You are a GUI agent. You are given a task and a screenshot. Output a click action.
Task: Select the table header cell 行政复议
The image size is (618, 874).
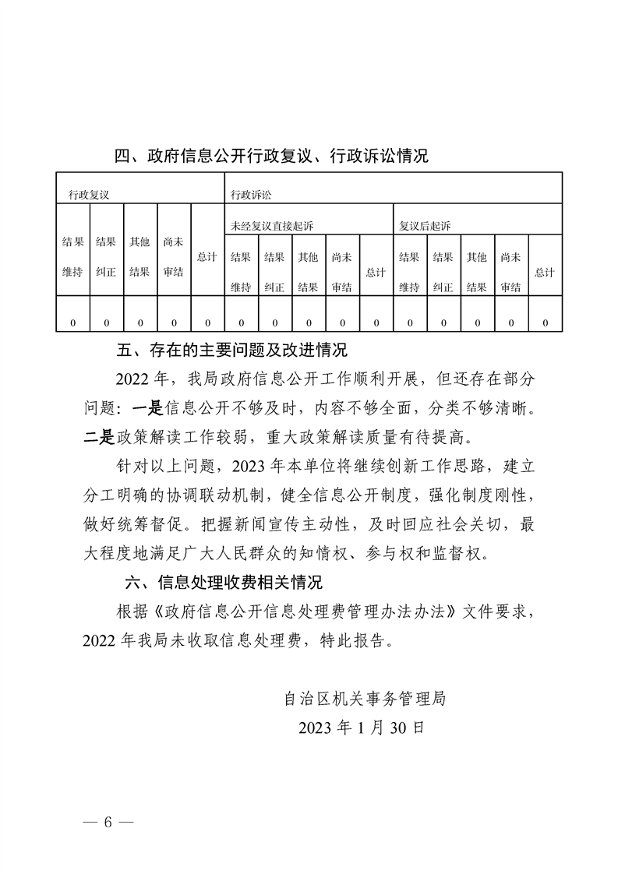pyautogui.click(x=89, y=194)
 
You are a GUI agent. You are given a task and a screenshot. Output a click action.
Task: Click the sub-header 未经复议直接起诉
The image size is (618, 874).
pyautogui.click(x=272, y=225)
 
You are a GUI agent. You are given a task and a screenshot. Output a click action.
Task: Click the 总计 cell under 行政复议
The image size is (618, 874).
pyautogui.click(x=207, y=256)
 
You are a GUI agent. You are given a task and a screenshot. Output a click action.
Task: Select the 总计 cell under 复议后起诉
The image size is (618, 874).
pyautogui.click(x=545, y=272)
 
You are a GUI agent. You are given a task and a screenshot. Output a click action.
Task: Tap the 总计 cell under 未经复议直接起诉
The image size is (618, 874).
pyautogui.click(x=376, y=272)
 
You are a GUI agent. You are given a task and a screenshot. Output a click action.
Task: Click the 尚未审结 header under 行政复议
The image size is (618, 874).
pyautogui.click(x=173, y=256)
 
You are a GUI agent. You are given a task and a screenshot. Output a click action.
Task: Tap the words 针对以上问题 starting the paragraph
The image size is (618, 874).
pyautogui.click(x=161, y=465)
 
